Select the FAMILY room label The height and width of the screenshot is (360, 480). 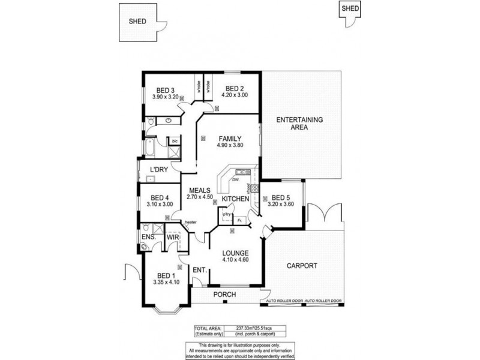pos(230,137)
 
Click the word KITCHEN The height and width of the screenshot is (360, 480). pos(235,199)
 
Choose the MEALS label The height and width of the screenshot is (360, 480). pos(200,190)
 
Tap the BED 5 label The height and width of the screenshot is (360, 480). pos(281,197)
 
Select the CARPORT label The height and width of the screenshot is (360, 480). pos(302,265)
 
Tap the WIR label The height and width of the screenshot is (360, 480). pos(173,238)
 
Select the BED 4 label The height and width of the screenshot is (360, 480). pos(160,197)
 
